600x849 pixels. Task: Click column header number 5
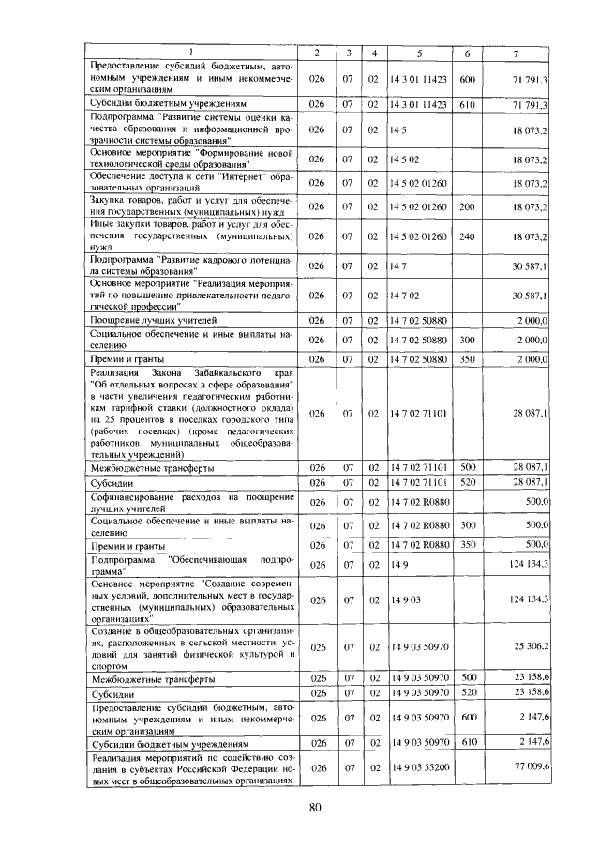420,53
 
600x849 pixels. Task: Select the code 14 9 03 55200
417,767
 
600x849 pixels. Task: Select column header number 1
192,53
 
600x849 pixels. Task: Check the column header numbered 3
348,53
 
